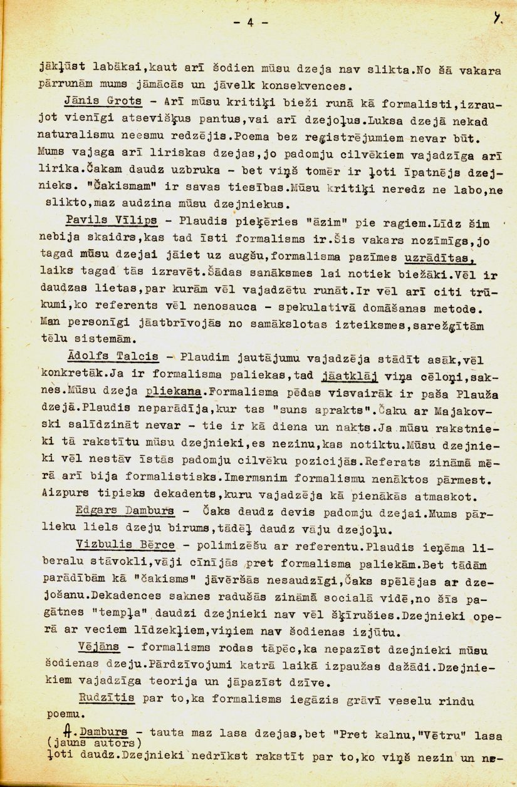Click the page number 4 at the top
[x=249, y=23]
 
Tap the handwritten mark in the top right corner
[x=496, y=19]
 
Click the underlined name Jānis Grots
[x=103, y=101]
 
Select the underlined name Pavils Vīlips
[x=110, y=224]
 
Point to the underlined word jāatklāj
[x=348, y=376]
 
